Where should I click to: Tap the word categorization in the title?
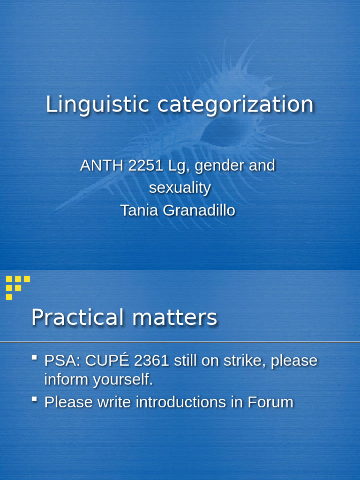tap(235, 105)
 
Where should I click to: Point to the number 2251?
tap(138, 165)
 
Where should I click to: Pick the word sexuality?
tap(180, 188)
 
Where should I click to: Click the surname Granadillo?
tap(199, 210)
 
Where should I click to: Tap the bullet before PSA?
tap(34, 359)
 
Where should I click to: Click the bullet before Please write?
tap(34, 400)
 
